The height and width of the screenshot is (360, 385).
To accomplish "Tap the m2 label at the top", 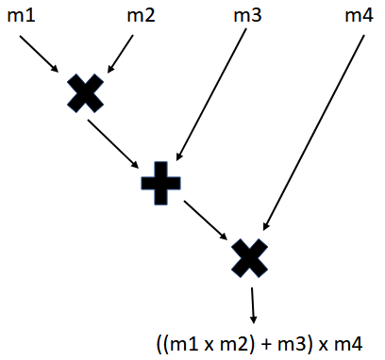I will (x=141, y=16).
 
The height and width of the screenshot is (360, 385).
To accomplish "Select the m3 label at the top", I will (x=249, y=16).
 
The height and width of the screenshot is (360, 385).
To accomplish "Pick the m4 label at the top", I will (x=357, y=16).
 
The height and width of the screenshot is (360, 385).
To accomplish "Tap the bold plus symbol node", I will (x=159, y=181).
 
